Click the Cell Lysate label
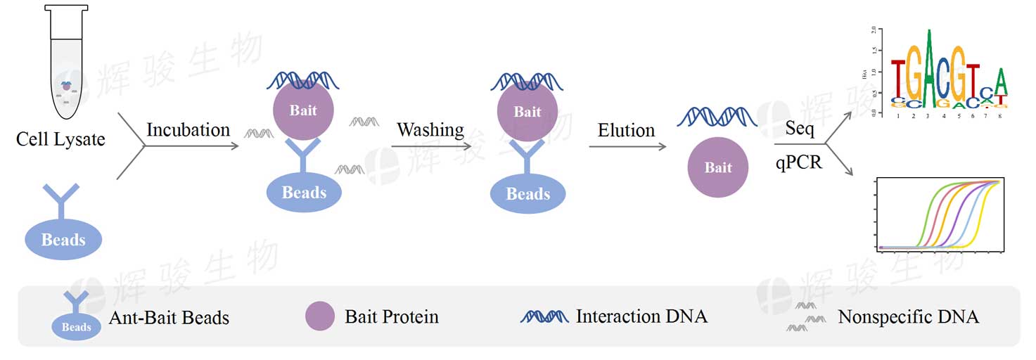(x=60, y=139)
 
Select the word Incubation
(x=188, y=130)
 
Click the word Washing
(x=430, y=130)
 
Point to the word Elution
(x=626, y=130)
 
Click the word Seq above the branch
(x=800, y=130)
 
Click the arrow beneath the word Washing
(x=430, y=146)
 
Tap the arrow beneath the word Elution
(x=627, y=146)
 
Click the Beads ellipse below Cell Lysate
(x=63, y=240)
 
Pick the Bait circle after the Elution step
(x=718, y=167)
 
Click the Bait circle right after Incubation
(x=303, y=111)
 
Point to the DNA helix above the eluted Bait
(x=717, y=117)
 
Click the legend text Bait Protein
(x=391, y=317)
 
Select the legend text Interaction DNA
(x=641, y=316)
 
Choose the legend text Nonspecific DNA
(x=908, y=317)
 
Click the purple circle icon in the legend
(x=320, y=316)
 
